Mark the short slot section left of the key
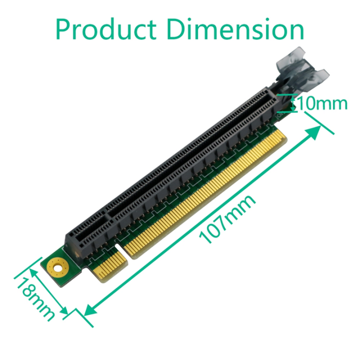(x=87, y=232)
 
